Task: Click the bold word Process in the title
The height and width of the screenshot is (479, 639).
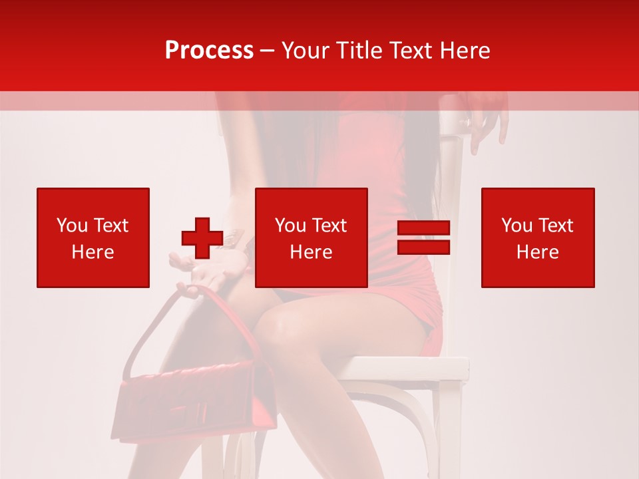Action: click(209, 51)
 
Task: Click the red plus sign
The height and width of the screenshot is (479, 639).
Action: click(202, 238)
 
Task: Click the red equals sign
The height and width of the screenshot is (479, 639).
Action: click(423, 238)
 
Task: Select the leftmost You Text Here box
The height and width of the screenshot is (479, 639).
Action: click(93, 238)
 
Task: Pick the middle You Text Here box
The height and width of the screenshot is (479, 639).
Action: click(312, 238)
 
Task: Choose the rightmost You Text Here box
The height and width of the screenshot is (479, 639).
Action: click(538, 238)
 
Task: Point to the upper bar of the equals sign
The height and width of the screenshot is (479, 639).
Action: click(423, 228)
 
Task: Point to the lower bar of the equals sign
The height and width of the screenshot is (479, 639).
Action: click(423, 247)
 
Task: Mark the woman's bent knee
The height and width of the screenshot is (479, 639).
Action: click(280, 326)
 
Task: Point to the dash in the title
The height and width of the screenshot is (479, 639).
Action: click(268, 51)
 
